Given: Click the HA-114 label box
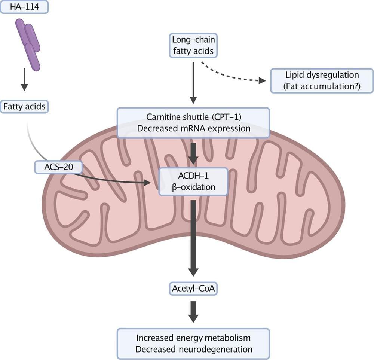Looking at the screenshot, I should (24, 7).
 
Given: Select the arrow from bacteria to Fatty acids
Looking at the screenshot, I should (24, 79).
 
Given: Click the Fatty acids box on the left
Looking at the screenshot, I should (24, 107).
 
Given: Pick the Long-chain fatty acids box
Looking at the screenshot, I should (193, 45).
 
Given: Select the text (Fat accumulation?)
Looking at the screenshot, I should (322, 87).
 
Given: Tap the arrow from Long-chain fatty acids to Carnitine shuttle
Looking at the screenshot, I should (193, 82).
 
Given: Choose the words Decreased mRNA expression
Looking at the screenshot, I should (193, 128).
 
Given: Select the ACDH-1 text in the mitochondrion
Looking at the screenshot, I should (193, 176).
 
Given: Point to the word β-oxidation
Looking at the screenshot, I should (193, 187).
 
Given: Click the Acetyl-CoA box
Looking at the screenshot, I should (193, 289).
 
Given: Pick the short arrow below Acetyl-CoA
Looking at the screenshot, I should (193, 311).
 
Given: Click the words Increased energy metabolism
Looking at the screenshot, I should (193, 338).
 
